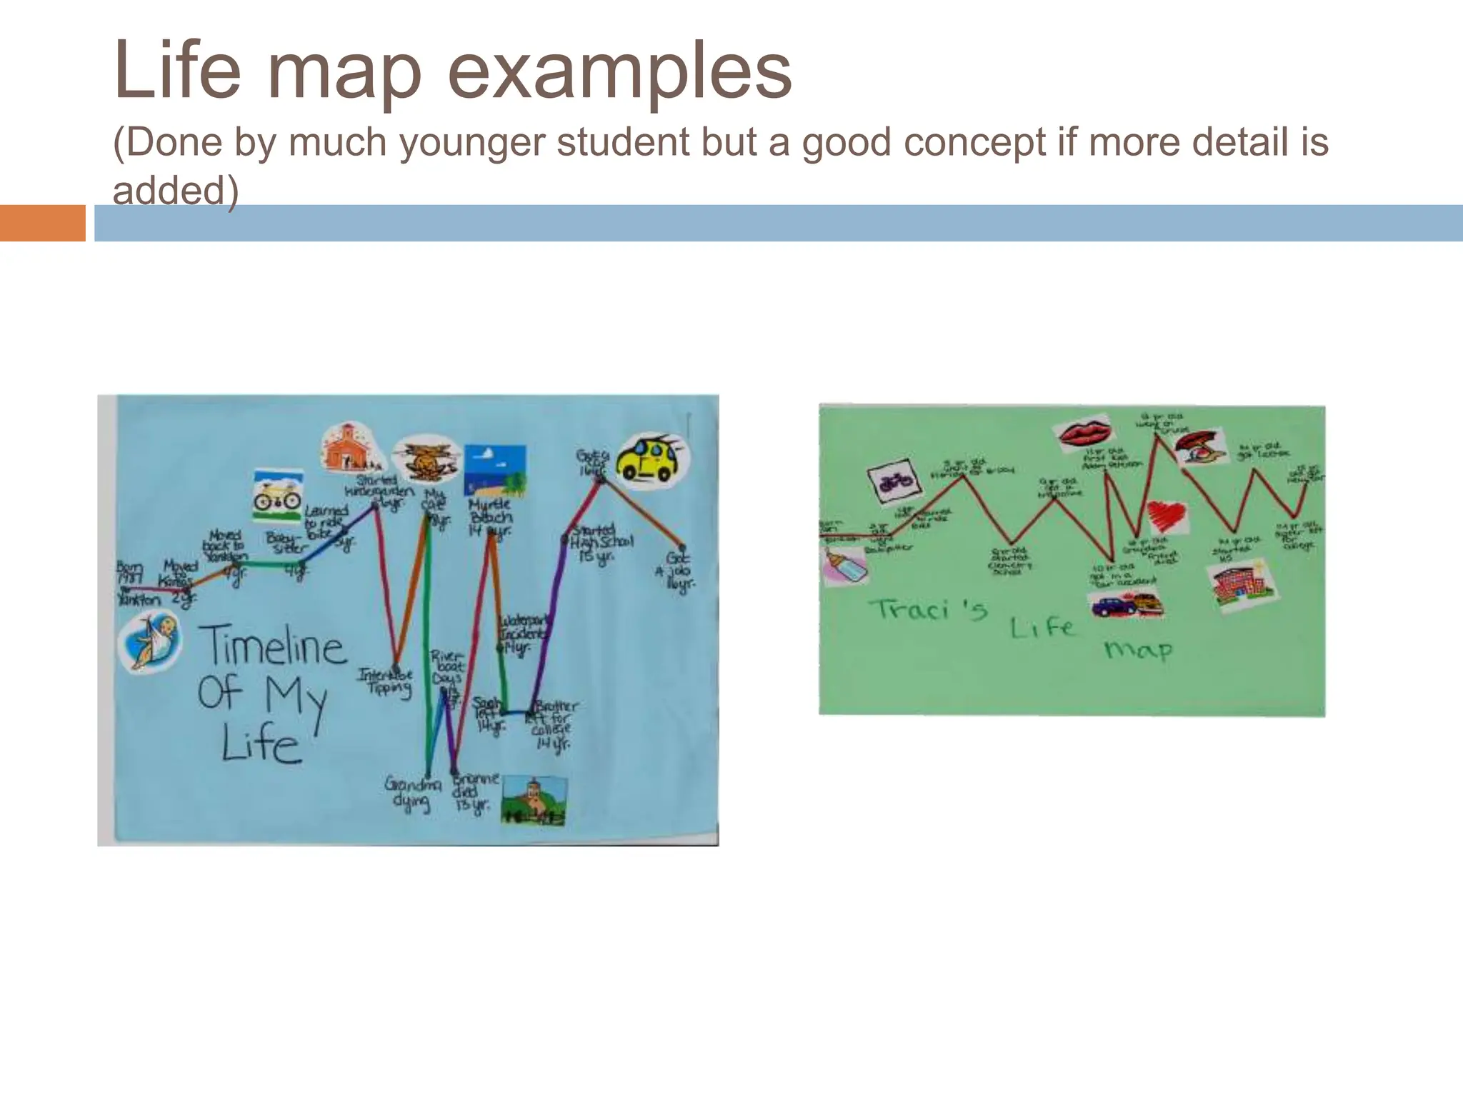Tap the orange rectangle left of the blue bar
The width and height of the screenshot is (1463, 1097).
point(42,223)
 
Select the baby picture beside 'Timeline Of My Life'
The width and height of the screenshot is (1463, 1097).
point(150,642)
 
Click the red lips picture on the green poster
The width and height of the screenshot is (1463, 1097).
point(1084,432)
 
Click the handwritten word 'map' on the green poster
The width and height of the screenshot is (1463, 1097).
point(1138,650)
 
